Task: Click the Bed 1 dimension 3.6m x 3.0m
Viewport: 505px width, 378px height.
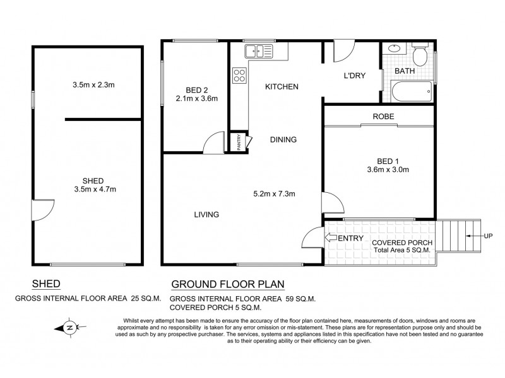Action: [x=388, y=169]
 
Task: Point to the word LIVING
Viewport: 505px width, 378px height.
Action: [x=206, y=215]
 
